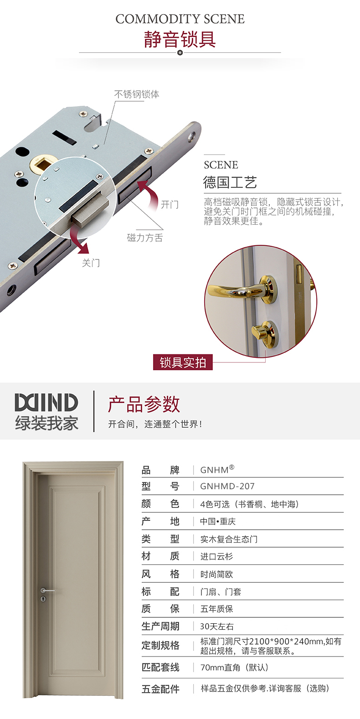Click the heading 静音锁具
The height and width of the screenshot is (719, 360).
coord(180,39)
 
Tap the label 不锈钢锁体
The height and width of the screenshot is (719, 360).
coord(137,94)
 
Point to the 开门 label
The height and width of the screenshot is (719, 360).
coord(170,204)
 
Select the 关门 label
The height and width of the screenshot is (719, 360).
coord(91,263)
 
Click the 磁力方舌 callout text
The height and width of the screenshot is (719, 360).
coord(145,238)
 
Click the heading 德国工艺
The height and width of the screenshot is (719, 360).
coord(230,182)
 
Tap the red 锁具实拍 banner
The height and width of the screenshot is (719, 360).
coord(183,362)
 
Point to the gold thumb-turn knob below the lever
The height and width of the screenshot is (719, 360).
coord(264,331)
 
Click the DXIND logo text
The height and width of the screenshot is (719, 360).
coord(46,402)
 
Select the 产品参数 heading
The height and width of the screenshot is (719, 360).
coord(144,404)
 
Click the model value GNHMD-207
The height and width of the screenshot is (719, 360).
coord(227,486)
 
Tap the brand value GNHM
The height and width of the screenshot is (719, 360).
coord(217,470)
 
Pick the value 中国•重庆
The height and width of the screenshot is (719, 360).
coord(218,521)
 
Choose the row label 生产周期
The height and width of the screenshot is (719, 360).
coord(160,626)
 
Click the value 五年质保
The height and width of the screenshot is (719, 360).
coord(216,609)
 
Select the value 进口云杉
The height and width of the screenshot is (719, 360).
coord(216,556)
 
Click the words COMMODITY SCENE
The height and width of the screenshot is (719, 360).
coord(180,19)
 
